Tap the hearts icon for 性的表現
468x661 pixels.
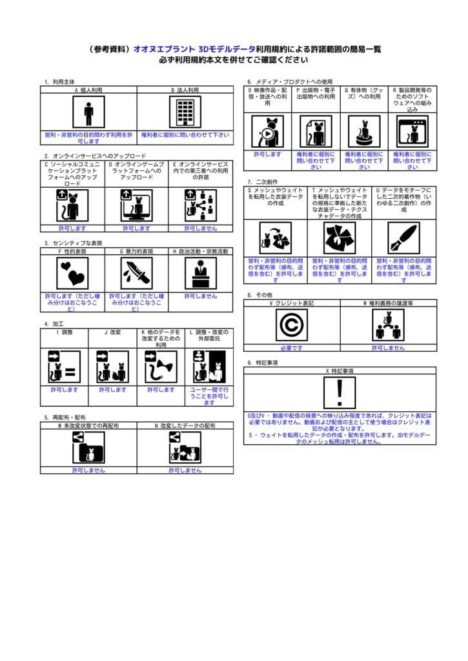coord(72,273)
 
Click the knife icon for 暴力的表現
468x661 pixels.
coord(136,273)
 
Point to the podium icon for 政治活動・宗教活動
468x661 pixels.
coord(200,273)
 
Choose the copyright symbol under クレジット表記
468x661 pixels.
coord(291,325)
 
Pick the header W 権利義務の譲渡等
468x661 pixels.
coord(388,303)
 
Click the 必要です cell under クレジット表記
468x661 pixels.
coord(291,348)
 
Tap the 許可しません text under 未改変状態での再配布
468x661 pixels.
coord(88,471)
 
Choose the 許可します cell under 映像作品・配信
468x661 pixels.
coord(267,155)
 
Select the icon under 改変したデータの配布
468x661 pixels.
coord(185,447)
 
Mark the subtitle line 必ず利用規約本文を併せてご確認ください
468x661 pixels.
coord(234,60)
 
